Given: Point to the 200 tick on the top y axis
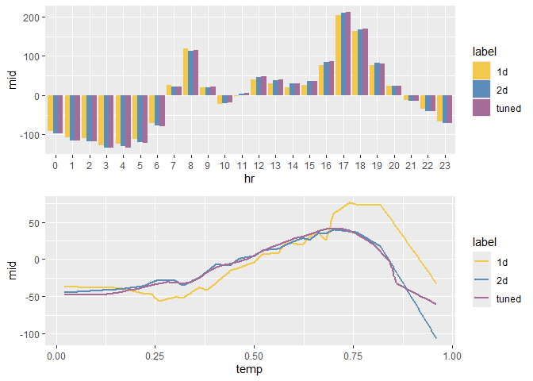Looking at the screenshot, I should (x=33, y=17).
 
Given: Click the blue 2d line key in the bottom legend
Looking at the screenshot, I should (x=481, y=281).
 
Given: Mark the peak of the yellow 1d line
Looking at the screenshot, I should (x=351, y=202).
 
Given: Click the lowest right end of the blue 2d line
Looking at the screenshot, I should (x=436, y=338).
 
